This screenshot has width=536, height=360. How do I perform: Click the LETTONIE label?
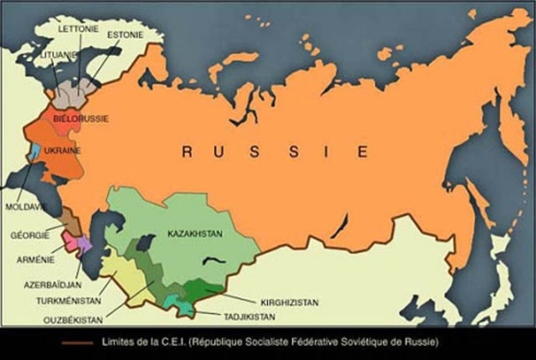coord(79,27)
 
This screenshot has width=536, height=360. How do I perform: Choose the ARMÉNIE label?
coord(34,260)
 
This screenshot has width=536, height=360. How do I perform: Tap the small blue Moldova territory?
coord(35,154)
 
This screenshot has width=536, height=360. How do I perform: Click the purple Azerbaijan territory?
coord(85,245)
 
